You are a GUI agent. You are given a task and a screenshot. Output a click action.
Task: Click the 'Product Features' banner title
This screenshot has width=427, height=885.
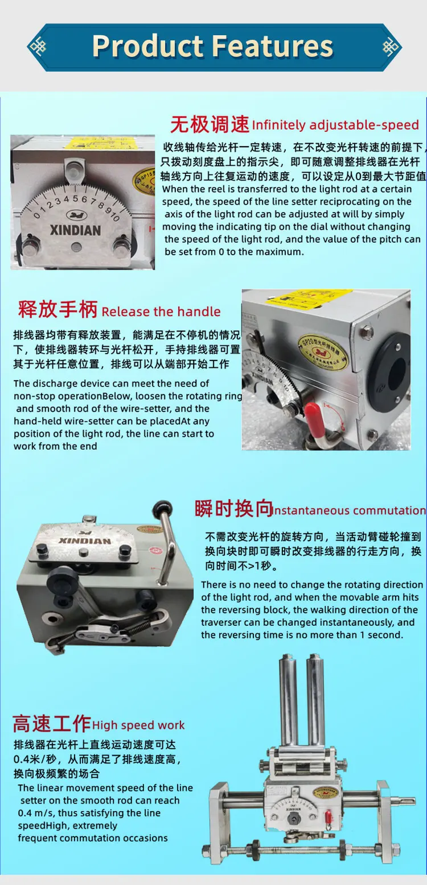click(212, 46)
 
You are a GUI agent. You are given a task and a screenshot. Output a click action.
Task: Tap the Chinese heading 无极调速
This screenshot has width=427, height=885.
click(210, 123)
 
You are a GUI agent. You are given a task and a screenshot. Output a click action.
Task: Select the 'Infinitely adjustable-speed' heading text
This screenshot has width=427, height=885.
click(335, 125)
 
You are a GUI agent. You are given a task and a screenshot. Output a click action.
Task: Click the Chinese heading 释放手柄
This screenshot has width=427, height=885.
click(58, 310)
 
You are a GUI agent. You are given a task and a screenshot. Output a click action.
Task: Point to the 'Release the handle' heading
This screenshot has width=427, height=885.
click(161, 311)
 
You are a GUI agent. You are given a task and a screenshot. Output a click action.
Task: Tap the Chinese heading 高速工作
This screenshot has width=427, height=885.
click(51, 724)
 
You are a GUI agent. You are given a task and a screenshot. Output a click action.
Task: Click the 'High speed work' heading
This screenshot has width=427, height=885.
click(138, 725)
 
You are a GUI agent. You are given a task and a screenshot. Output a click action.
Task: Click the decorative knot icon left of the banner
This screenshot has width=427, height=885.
click(38, 47)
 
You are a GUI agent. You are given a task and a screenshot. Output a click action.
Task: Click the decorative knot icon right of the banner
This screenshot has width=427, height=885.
click(391, 47)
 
